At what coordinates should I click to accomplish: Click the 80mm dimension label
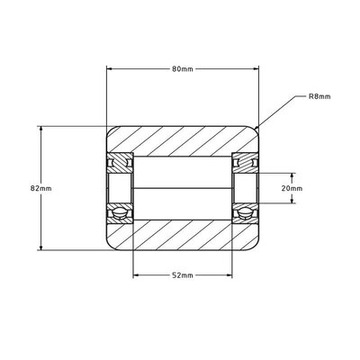(183, 69)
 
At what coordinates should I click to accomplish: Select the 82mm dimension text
(41, 188)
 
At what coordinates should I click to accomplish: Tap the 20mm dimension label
(292, 188)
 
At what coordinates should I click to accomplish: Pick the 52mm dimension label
(183, 275)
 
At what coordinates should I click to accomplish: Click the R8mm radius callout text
(319, 96)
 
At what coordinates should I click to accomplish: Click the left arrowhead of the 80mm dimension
(109, 69)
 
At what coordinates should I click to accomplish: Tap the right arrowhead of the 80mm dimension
(256, 69)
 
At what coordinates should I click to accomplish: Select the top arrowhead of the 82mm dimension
(41, 129)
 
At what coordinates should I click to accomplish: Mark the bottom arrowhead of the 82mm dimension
(41, 247)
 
